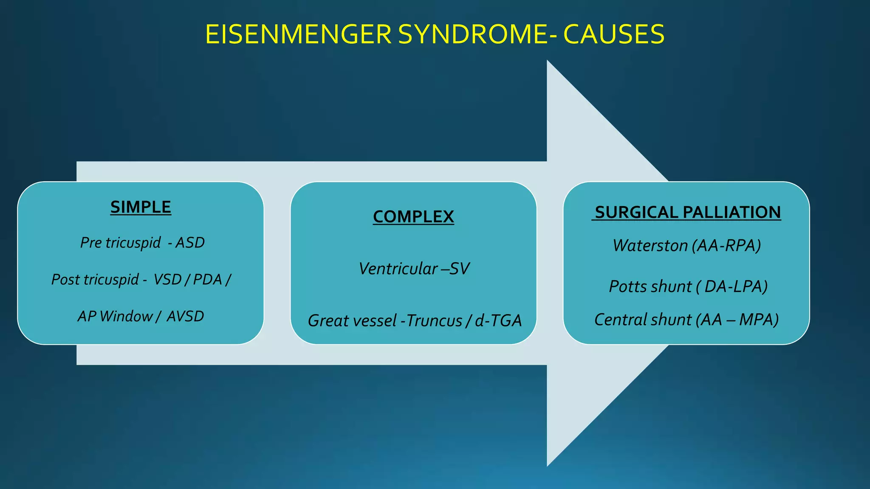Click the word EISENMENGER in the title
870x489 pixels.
point(298,35)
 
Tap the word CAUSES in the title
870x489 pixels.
point(614,35)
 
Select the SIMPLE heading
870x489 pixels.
point(141,207)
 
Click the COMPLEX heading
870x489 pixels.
point(413,217)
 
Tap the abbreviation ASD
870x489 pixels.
point(190,243)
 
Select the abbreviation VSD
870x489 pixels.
point(167,280)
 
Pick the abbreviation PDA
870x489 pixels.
point(208,280)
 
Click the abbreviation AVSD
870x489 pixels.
point(185,316)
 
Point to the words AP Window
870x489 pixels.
point(115,316)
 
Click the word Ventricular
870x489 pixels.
point(398,269)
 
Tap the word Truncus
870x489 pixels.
point(434,321)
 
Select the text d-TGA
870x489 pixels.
point(498,321)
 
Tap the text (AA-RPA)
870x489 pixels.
point(726,246)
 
